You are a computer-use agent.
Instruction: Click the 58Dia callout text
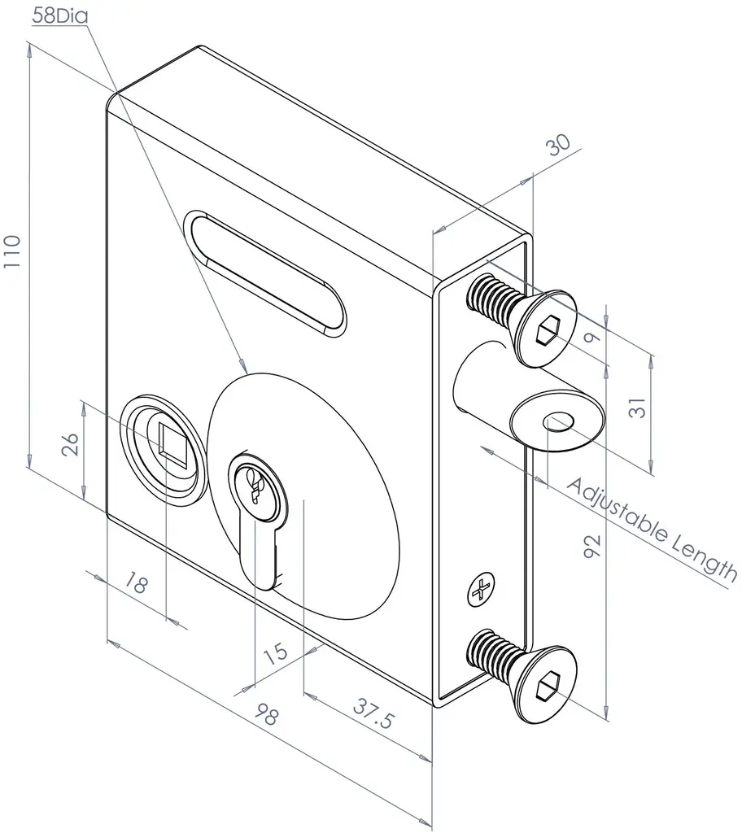click(60, 15)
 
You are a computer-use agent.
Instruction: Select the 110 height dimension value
click(11, 259)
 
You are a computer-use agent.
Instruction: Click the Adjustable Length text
click(651, 530)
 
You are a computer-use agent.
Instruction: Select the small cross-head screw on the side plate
click(481, 589)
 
